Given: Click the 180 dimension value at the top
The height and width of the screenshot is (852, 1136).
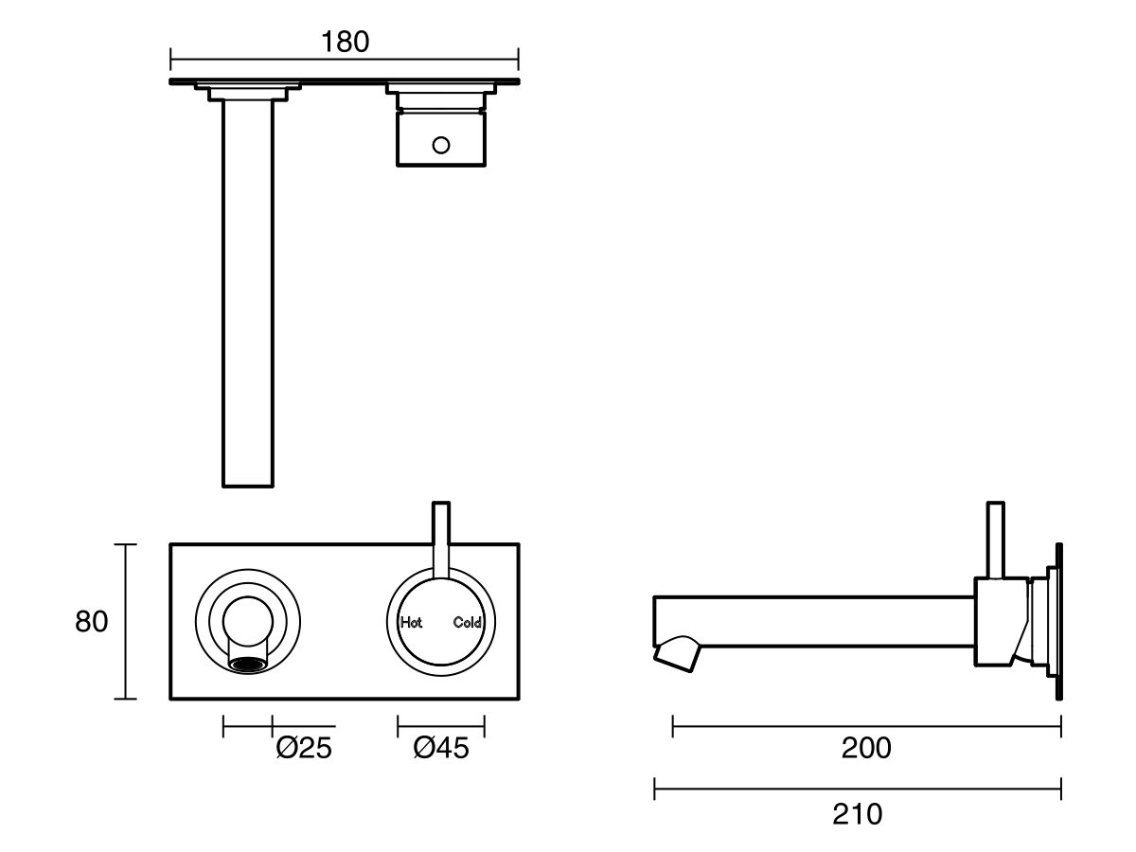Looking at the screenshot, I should [x=345, y=42].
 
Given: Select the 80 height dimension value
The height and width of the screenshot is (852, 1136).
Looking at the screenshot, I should [x=92, y=622].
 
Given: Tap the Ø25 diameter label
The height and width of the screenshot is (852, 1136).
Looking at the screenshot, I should [x=304, y=748].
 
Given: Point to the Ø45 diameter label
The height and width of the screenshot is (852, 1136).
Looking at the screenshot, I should [x=441, y=748].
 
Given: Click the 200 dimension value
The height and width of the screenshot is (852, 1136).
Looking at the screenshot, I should [x=866, y=748].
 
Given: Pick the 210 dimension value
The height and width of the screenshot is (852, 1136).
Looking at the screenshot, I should [x=857, y=813].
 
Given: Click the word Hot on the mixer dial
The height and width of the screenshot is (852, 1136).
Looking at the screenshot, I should [x=412, y=622].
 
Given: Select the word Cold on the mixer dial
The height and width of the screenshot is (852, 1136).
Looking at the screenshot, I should [x=468, y=622].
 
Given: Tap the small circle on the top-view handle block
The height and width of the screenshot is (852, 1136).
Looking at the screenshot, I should [x=441, y=145].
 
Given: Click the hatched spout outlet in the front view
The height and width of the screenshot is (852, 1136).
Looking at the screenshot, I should [x=247, y=665].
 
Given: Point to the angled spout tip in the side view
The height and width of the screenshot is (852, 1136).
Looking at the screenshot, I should [x=678, y=652].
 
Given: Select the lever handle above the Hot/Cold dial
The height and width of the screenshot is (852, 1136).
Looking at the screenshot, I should [x=441, y=535].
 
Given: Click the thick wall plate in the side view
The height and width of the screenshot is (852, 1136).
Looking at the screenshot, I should [x=1058, y=621].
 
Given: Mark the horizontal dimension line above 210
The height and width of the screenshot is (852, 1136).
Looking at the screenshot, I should [x=857, y=788].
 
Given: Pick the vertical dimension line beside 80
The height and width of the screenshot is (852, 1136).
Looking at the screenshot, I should [x=126, y=622].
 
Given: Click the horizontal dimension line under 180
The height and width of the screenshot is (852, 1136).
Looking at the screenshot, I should [x=345, y=63].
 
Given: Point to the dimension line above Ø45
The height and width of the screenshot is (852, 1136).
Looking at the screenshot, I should [x=441, y=726].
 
